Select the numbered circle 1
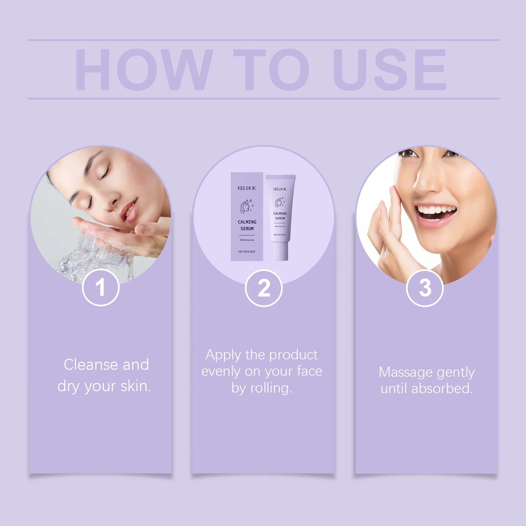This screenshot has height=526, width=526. coord(101,288)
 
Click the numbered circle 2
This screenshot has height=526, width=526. coord(264,288)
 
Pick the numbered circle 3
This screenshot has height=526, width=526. coord(425,288)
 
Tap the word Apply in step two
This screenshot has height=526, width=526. coord(223,355)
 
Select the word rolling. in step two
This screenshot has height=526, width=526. coord(271,388)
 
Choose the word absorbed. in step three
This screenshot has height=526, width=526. coord(442,389)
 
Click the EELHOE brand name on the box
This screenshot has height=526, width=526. coord(247,188)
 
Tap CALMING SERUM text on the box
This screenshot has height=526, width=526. coord(247,225)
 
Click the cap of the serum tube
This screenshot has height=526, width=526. coord(280,251)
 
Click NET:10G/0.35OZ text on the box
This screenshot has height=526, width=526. coord(247,251)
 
